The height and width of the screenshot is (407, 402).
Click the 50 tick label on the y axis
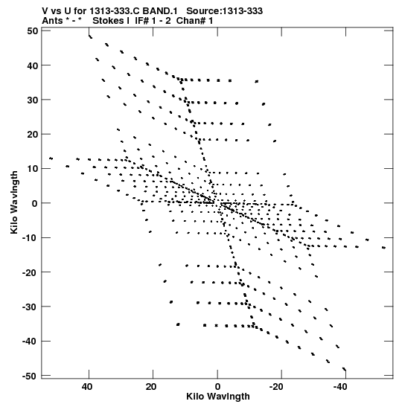coord(33,31)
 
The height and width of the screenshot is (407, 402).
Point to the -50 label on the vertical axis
coord(30,376)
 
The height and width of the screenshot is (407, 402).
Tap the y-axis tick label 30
coord(33,100)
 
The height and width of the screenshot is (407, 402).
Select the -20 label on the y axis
coord(30,272)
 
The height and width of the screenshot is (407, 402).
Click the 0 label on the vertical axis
coord(35,203)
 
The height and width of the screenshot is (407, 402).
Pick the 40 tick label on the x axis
coord(87,387)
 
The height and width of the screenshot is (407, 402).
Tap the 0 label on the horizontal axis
coord(217,387)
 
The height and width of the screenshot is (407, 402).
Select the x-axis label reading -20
coord(275,387)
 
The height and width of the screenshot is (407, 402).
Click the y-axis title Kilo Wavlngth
coord(14,202)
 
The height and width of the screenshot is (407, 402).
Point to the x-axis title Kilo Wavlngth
coord(218,397)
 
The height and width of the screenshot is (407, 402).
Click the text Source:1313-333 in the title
coord(225,11)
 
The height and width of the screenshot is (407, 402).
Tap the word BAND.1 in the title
coord(160,11)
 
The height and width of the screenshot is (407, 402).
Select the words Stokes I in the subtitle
coord(111,21)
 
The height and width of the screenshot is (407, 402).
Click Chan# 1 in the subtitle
coord(194,21)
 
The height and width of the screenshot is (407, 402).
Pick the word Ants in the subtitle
coord(52,21)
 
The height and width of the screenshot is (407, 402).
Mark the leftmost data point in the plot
coord(51,158)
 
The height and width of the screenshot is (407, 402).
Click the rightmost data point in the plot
coord(384,248)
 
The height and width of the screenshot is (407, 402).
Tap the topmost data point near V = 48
coord(90,36)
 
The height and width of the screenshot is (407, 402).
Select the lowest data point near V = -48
coord(345,369)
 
